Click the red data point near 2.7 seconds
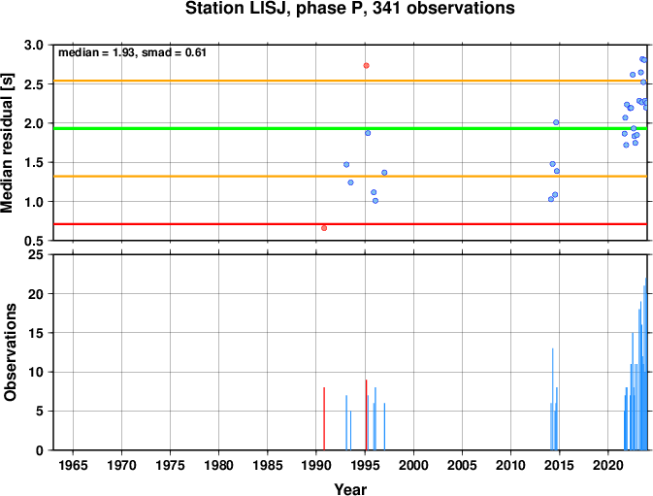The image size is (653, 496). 366,65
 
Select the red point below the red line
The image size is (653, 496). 324,228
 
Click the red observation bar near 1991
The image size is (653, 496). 324,418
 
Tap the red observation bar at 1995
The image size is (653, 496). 366,414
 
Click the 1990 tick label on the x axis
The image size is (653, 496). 316,465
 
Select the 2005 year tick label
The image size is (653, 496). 462,465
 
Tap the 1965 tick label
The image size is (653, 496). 73,465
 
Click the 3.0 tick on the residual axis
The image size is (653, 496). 34,45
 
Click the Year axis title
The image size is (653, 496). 350,489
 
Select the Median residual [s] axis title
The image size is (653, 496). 8,143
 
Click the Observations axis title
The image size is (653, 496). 9,352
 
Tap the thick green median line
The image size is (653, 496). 350,128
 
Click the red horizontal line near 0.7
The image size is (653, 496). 350,224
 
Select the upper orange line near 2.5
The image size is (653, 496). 350,81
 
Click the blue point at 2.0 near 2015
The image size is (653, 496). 556,122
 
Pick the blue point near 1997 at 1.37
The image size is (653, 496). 384,173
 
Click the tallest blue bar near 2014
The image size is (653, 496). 553,399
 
